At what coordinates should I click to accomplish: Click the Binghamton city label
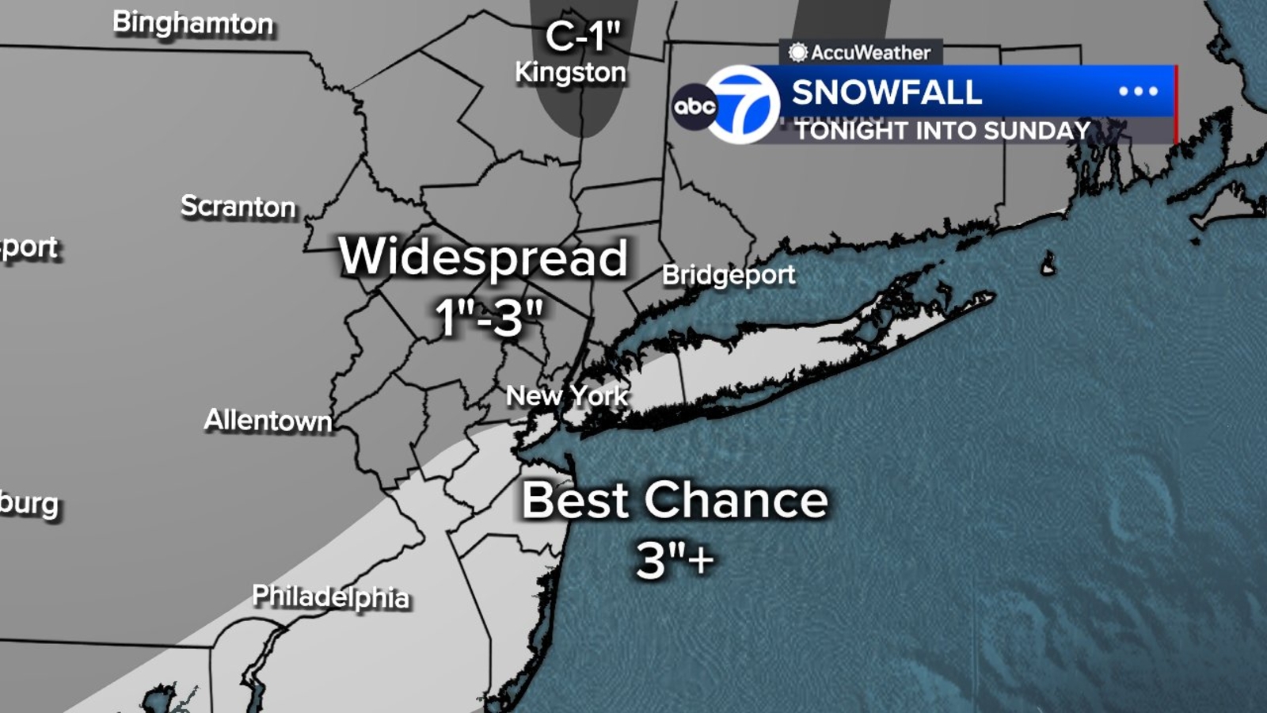point(192,23)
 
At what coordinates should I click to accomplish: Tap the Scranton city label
point(238,207)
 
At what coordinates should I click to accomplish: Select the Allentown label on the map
point(268,420)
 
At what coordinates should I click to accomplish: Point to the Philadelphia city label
point(330,596)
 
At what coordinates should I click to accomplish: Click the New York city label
point(566,395)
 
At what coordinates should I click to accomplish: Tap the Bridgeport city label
point(728,275)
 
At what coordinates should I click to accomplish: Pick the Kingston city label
point(570,73)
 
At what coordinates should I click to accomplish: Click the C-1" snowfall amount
point(583,36)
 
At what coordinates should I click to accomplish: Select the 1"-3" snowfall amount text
point(489,317)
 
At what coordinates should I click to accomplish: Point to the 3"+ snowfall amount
point(675,561)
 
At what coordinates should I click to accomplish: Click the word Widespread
point(483,257)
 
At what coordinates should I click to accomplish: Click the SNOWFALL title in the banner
point(886,93)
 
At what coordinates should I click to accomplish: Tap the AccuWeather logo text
point(869,53)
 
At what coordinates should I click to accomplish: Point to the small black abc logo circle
point(694,105)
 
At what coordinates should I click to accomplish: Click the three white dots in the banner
point(1138,91)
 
